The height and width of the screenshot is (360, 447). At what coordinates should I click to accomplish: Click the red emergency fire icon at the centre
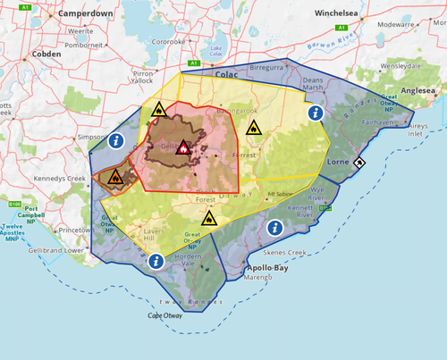(182, 148)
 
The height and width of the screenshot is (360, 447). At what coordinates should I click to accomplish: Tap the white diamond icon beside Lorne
(358, 162)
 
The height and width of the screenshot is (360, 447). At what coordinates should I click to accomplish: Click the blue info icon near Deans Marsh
(314, 113)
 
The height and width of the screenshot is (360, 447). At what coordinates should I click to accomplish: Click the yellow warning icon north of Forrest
(254, 128)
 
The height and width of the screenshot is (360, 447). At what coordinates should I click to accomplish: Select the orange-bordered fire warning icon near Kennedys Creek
(115, 177)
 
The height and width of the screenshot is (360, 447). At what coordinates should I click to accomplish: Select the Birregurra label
(267, 67)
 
